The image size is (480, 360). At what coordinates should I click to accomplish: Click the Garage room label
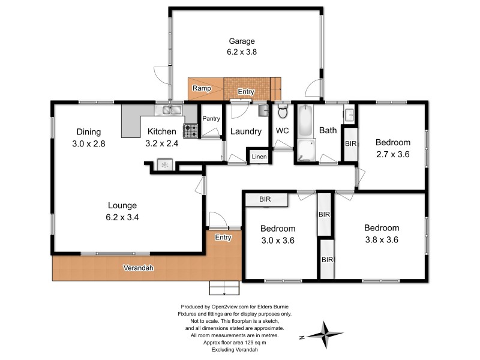[242, 41]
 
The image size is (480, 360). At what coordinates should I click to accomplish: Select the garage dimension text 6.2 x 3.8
[242, 52]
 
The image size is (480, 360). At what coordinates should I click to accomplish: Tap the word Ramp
[200, 89]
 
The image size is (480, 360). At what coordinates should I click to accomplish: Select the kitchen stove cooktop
[191, 130]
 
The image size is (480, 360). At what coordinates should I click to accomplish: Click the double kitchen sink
[171, 110]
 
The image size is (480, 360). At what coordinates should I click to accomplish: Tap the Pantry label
[210, 119]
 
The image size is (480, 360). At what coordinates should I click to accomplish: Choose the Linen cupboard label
[259, 157]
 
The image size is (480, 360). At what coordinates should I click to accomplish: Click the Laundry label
[246, 131]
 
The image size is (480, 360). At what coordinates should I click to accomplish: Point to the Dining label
[88, 132]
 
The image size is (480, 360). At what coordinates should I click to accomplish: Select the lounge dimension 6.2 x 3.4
[123, 217]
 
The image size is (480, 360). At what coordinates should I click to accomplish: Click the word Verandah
[138, 267]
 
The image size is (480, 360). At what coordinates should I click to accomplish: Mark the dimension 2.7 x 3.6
[392, 154]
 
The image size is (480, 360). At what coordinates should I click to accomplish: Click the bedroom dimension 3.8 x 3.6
[382, 239]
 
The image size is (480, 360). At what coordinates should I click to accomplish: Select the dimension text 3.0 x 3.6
[277, 240]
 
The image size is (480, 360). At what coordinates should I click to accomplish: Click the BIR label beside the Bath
[350, 143]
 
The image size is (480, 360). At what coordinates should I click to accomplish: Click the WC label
[283, 131]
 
